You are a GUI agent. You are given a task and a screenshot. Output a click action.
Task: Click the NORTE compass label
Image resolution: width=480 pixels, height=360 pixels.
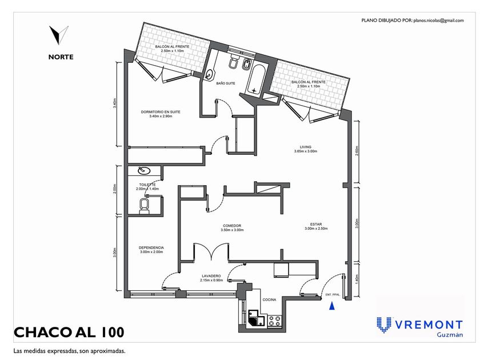click(61, 57)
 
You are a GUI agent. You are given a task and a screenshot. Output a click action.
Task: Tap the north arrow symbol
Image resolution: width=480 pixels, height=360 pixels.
click(58, 35)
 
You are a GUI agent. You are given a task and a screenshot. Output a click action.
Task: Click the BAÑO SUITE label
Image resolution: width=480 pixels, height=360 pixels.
click(226, 83)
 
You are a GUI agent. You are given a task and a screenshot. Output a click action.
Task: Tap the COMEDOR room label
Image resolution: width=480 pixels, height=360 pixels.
click(232, 226)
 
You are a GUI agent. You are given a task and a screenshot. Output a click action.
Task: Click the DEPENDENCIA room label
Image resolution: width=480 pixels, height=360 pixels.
click(151, 247)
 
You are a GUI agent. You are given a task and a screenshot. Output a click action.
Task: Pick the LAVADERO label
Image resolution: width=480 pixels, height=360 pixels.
click(211, 276)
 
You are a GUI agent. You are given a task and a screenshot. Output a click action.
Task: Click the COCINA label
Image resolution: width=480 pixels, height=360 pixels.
click(269, 299)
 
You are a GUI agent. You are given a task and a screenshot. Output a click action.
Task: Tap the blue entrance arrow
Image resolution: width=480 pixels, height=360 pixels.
click(331, 307)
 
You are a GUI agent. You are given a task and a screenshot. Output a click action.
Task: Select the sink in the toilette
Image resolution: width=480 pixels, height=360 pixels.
click(145, 170)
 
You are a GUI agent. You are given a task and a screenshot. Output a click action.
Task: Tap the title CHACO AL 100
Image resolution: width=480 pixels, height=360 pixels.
click(68, 332)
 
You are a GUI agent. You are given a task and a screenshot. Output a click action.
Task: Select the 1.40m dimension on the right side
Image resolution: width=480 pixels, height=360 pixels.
click(357, 279)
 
